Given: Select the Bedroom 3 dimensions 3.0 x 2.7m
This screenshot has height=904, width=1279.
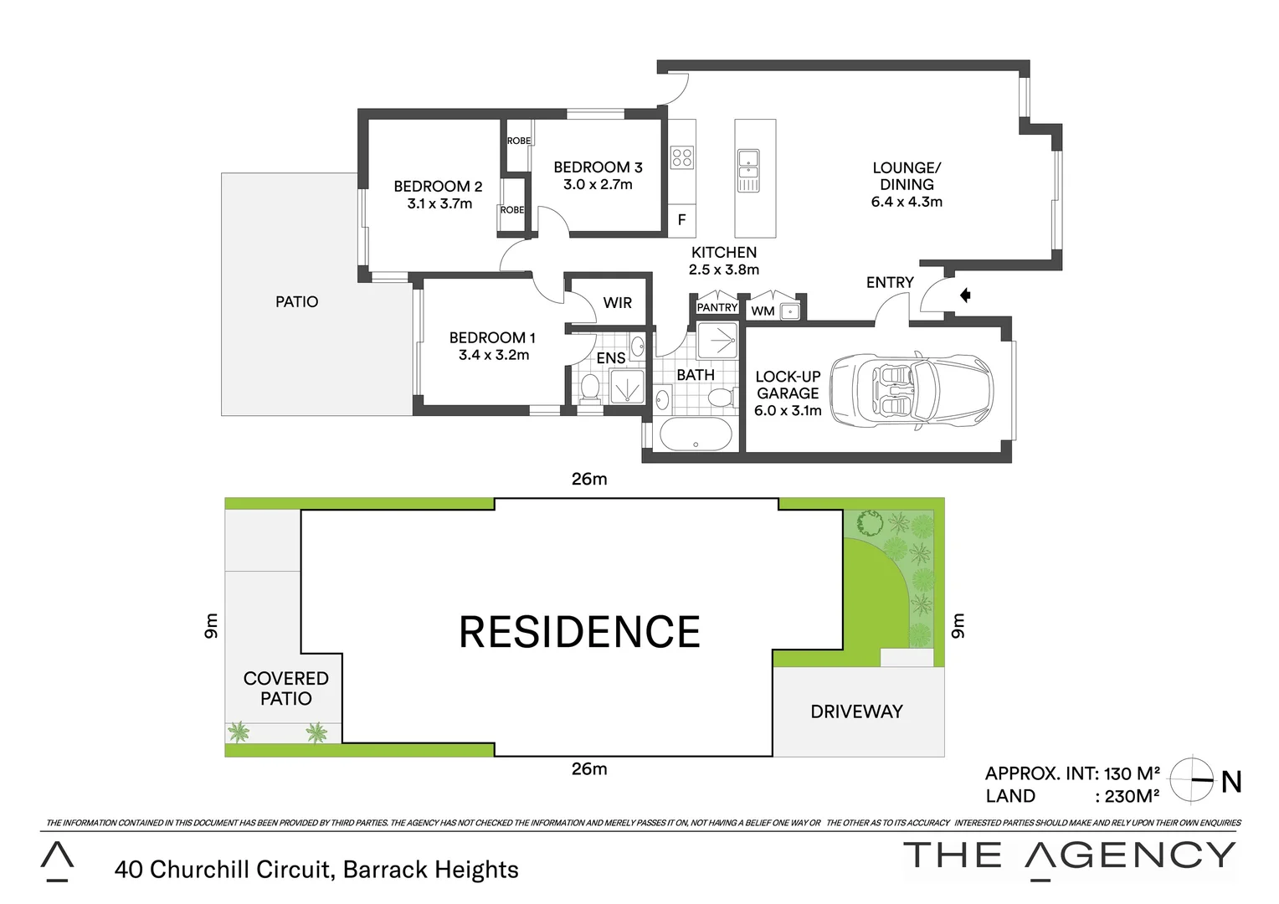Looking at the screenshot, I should coord(598,185).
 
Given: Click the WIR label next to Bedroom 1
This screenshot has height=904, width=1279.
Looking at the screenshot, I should coord(618,303).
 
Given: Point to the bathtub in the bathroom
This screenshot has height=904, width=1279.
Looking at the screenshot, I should coord(696,434).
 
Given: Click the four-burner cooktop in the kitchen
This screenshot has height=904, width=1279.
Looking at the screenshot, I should coord(681,157).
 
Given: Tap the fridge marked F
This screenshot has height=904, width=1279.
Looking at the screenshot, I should coord(681,220).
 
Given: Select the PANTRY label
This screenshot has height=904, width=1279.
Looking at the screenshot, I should coord(717,308).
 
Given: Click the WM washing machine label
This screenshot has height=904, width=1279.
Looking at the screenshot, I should coord(763,311).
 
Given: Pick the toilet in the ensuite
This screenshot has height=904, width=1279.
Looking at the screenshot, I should coord(590,388).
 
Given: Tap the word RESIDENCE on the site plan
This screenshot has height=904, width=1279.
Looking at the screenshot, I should coord(579,633).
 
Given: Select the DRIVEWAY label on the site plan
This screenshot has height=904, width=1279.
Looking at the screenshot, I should coord(856,711).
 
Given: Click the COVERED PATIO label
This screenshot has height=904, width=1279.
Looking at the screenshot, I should coord(285,688).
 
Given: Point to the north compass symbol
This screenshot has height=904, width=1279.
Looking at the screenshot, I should coord(1191,779).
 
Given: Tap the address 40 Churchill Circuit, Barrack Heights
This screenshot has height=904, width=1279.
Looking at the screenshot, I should coord(316,870).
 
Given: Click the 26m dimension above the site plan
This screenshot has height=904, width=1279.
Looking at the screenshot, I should coord(589,479).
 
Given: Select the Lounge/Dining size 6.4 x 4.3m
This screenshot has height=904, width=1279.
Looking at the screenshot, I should coord(907,202).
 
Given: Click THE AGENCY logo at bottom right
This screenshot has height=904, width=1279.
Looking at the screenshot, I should coord(1069,855).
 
